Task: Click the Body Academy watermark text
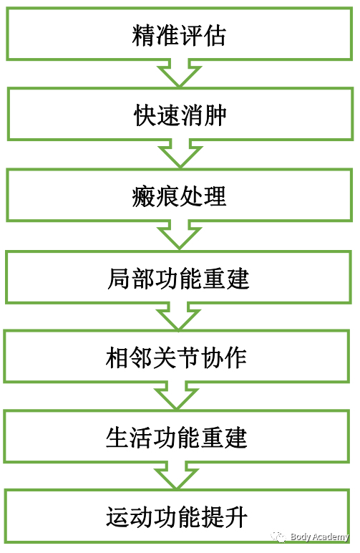click(x=319, y=537)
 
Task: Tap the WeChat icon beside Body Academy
click(x=278, y=537)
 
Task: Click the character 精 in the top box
click(x=143, y=35)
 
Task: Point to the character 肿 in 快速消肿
click(x=215, y=115)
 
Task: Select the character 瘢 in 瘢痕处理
click(x=143, y=196)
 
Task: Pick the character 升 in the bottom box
click(x=236, y=517)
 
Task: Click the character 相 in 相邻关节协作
click(x=117, y=357)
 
